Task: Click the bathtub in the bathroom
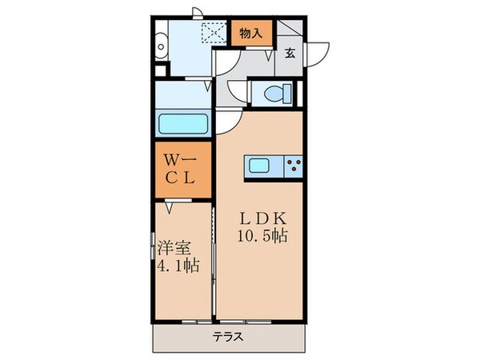[x=183, y=124]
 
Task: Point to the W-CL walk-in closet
[x=182, y=170]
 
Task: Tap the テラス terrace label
[x=227, y=337]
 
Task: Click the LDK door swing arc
[x=227, y=120]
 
